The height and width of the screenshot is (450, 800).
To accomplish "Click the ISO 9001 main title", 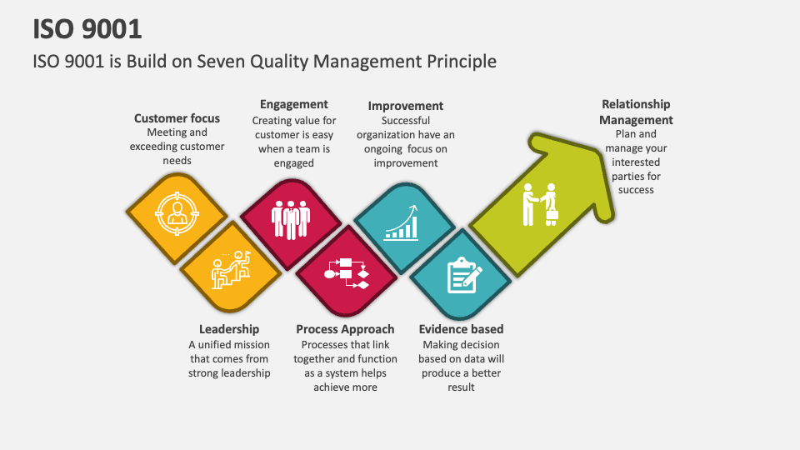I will pos(87,28).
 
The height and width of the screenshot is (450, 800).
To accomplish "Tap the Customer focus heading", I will pos(177,118).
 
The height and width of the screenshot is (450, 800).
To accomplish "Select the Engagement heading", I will pos(294,104).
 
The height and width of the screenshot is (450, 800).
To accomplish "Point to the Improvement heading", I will pos(406,106).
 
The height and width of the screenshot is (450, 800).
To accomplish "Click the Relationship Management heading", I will pos(636,112).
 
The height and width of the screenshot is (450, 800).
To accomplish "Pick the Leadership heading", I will pos(229,329).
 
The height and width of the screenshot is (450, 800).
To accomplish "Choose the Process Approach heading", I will pos(345,329).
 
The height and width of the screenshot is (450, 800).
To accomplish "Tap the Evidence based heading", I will pos(461,329).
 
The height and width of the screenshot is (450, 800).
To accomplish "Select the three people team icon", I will pos(291,219).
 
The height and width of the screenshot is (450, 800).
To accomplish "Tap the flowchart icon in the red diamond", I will pos(346,272).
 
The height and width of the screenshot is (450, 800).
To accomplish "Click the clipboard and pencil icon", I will pos(464,276).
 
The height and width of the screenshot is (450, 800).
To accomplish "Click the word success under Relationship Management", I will pos(636,190).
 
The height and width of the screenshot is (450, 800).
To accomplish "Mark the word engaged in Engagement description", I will pos(294,163).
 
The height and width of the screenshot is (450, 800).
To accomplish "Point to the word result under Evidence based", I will pos(461,387).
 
